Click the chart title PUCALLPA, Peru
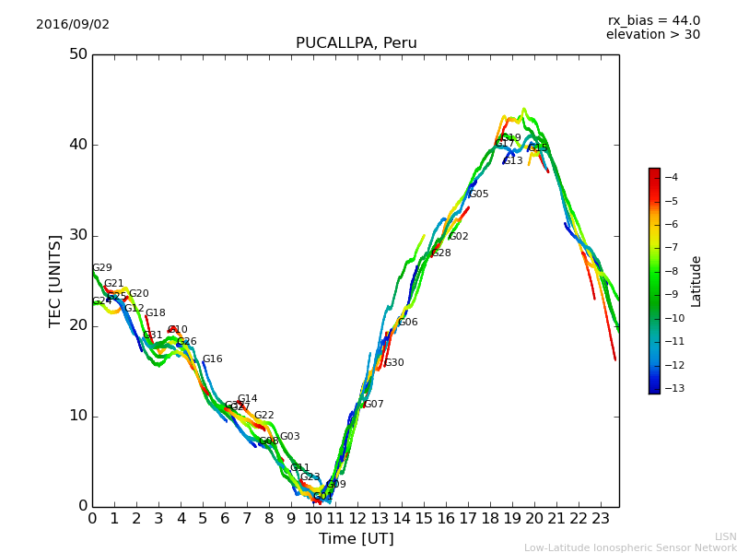point(356,43)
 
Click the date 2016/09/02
point(73,25)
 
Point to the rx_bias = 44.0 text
point(653,20)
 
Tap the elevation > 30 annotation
point(652,35)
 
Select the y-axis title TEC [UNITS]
point(55,280)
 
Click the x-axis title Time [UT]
point(356,539)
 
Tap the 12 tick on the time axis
point(357,519)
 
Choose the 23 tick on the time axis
point(601,519)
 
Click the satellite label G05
point(478,194)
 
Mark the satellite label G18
point(156,313)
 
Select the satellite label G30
point(394,363)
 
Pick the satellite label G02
point(458,237)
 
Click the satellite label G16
point(212,359)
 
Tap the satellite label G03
point(289,437)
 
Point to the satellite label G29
point(101,268)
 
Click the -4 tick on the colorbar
point(671,177)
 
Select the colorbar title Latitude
point(696,281)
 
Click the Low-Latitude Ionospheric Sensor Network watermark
point(630,548)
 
